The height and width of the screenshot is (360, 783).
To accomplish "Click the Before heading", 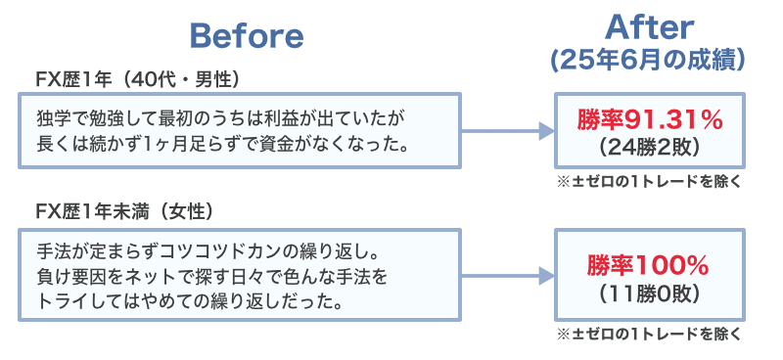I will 246,36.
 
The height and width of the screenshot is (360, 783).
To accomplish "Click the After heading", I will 649,24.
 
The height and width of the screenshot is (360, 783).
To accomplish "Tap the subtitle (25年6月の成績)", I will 649,59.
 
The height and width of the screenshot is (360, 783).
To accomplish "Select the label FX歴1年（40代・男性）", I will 137,78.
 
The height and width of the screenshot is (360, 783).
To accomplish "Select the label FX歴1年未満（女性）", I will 124,211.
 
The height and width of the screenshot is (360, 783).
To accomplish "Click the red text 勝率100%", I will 649,265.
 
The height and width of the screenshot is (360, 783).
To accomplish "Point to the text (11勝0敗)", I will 649,292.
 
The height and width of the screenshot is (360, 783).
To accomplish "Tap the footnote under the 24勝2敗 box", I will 649,182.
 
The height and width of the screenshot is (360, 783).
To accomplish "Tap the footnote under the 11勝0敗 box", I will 649,334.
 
